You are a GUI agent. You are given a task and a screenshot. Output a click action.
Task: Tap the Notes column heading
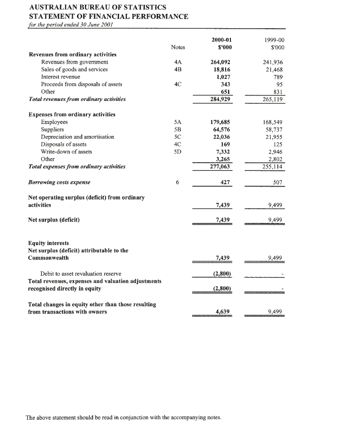pos(178,47)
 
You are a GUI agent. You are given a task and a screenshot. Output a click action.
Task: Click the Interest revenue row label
pos(61,77)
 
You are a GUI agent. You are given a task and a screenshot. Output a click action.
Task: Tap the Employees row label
pos(55,122)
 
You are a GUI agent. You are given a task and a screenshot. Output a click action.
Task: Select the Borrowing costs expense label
pos(59,182)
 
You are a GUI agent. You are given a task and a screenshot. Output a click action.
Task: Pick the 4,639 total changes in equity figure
pos(223,312)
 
